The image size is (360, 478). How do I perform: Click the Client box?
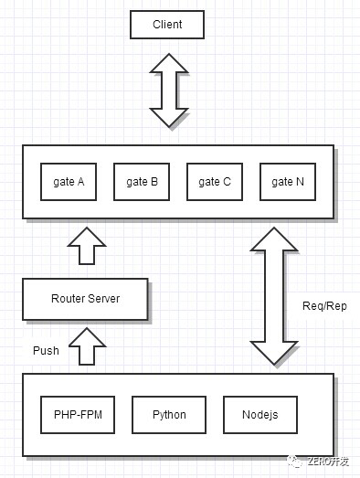pos(167,25)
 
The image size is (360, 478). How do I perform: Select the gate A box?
pos(69,182)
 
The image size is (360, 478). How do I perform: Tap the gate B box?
pos(142,182)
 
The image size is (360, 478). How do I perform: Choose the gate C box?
pos(215,182)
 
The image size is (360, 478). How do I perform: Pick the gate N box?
pos(288,182)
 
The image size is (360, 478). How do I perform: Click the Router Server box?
pos(85,299)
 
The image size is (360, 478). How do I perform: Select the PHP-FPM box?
pos(78,415)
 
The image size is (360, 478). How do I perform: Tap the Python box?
pos(169,415)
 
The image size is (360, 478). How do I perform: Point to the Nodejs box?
pos(260,415)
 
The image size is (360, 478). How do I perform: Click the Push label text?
pos(46,351)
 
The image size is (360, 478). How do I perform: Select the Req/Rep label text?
pos(324,306)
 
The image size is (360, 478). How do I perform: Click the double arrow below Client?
pos(169,90)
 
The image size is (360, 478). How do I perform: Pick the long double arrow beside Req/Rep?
pos(274,296)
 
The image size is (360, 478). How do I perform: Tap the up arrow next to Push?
pos(87,346)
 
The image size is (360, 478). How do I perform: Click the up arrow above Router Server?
pos(87,246)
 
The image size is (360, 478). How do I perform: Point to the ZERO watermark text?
pos(328,462)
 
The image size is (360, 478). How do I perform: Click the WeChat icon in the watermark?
pos(295,462)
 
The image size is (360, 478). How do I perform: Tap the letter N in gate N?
pos(300,182)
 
